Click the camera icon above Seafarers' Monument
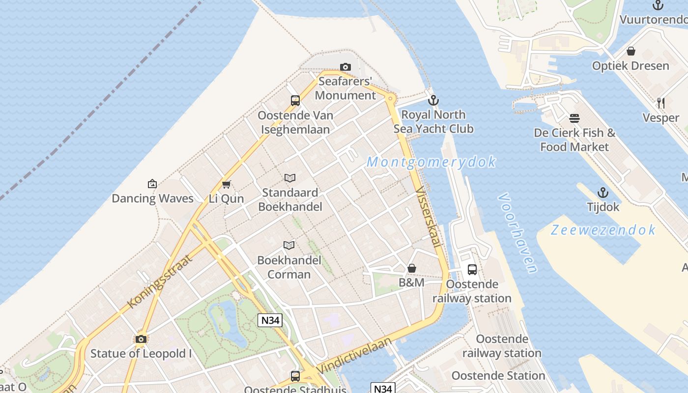[345, 67]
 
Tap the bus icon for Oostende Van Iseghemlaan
[295, 101]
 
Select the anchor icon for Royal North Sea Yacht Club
[433, 101]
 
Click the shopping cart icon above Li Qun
[226, 184]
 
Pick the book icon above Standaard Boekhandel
[290, 178]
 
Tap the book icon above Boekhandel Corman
[289, 245]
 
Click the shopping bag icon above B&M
[412, 268]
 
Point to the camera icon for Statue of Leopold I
[141, 339]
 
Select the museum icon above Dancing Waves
[152, 184]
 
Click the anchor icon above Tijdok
[603, 192]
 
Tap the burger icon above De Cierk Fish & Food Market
[574, 118]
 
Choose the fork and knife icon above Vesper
[661, 103]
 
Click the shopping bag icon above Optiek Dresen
[631, 51]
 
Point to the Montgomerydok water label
[431, 162]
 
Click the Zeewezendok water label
[603, 229]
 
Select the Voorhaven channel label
[517, 232]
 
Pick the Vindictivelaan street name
[354, 355]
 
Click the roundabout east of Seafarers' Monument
[391, 99]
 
